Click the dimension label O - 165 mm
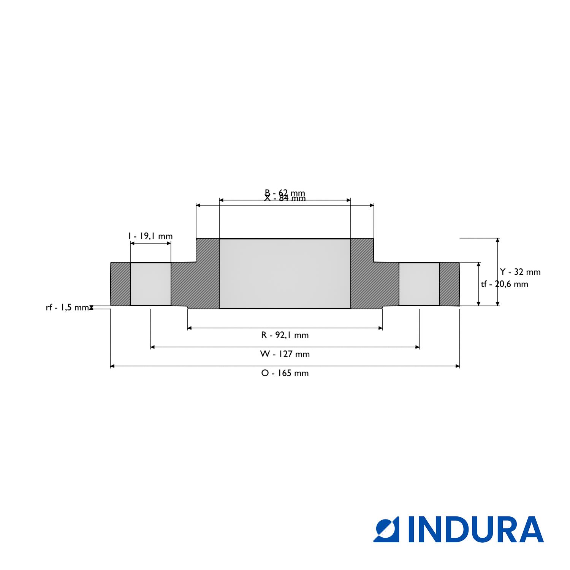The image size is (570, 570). coord(285,373)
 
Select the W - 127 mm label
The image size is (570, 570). coord(285,354)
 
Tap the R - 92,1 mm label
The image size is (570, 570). coord(285,335)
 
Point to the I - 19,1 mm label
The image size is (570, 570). coord(150,236)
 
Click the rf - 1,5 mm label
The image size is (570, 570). coord(67,307)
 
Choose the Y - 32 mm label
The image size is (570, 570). coord(520,272)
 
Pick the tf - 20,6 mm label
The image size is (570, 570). coord(505,284)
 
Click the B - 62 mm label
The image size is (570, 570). coord(285,193)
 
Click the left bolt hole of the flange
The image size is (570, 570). coord(150,284)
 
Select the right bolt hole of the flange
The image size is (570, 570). coord(419,284)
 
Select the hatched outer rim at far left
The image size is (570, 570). coord(120,284)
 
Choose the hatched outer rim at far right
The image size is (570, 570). coord(450,284)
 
